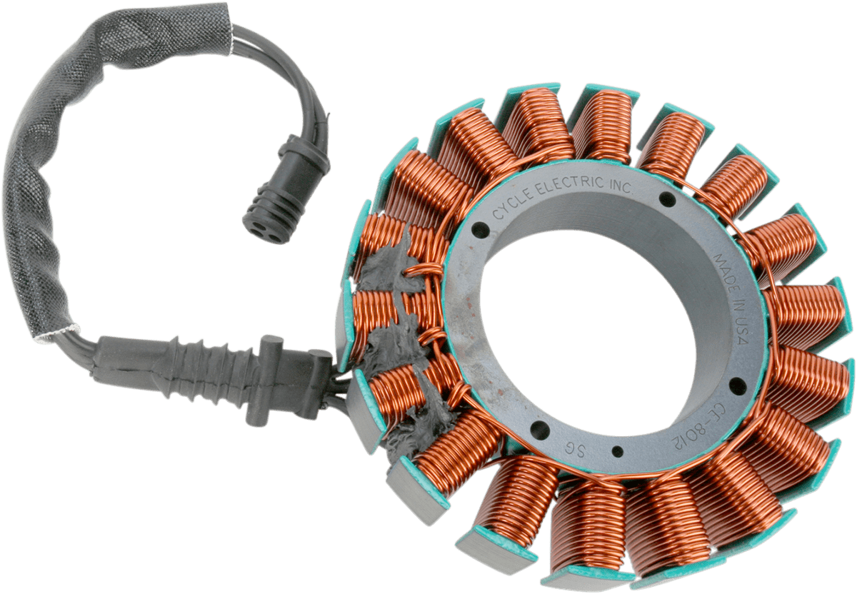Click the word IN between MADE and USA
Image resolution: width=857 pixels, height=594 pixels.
pos(736,303)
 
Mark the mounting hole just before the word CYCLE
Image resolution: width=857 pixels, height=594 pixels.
pos(479,230)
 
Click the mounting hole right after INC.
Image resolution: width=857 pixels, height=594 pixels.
pos(667,199)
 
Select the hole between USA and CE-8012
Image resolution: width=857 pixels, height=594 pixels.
pos(737,386)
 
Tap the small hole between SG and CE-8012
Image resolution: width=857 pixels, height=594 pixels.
pos(617,450)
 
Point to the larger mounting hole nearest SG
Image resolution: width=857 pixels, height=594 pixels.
pos(540,431)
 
